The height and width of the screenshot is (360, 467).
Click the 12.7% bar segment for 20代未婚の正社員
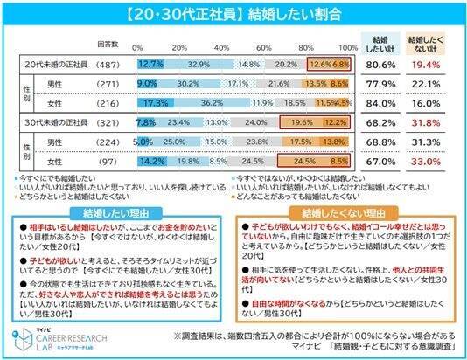coord(150,64)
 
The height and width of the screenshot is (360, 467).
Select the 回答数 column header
coord(108,41)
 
